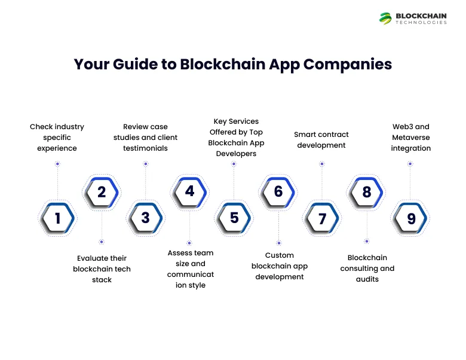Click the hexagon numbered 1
[x=57, y=218]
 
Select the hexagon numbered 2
[x=102, y=192]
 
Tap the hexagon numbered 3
[x=146, y=218]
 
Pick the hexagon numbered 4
[x=189, y=191]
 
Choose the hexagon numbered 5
[x=234, y=218]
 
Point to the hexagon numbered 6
[x=278, y=192]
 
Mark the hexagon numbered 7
[x=323, y=219]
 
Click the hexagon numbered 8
[x=367, y=192]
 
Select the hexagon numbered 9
[x=411, y=219]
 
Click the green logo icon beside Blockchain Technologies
[x=385, y=19]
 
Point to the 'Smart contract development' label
[x=321, y=139]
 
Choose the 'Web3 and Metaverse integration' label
[x=411, y=137]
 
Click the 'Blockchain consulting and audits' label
[x=367, y=268]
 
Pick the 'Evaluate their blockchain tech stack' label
[x=102, y=269]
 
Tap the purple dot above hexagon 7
[x=322, y=163]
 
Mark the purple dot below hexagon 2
[x=102, y=242]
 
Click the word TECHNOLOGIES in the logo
[x=421, y=23]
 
